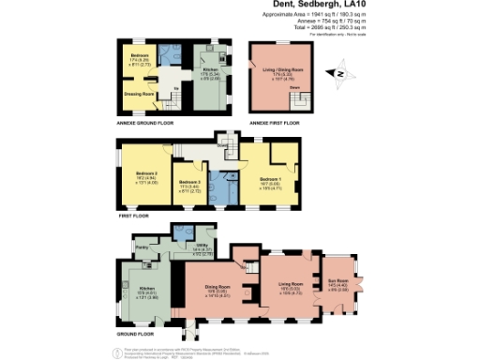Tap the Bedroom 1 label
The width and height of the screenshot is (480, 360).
click(x=271, y=177)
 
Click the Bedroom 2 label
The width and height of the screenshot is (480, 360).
click(x=146, y=173)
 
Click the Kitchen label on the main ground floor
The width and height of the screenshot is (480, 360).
click(x=146, y=288)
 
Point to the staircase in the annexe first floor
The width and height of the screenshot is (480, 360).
click(x=298, y=95)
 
